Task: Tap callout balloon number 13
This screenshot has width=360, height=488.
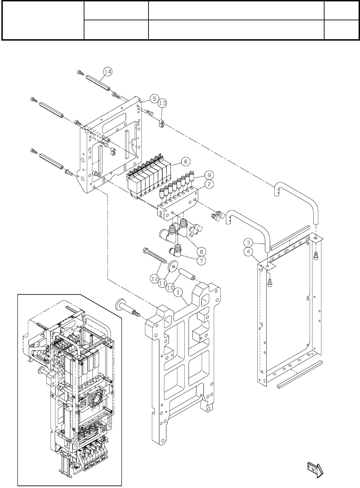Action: click(163, 103)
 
